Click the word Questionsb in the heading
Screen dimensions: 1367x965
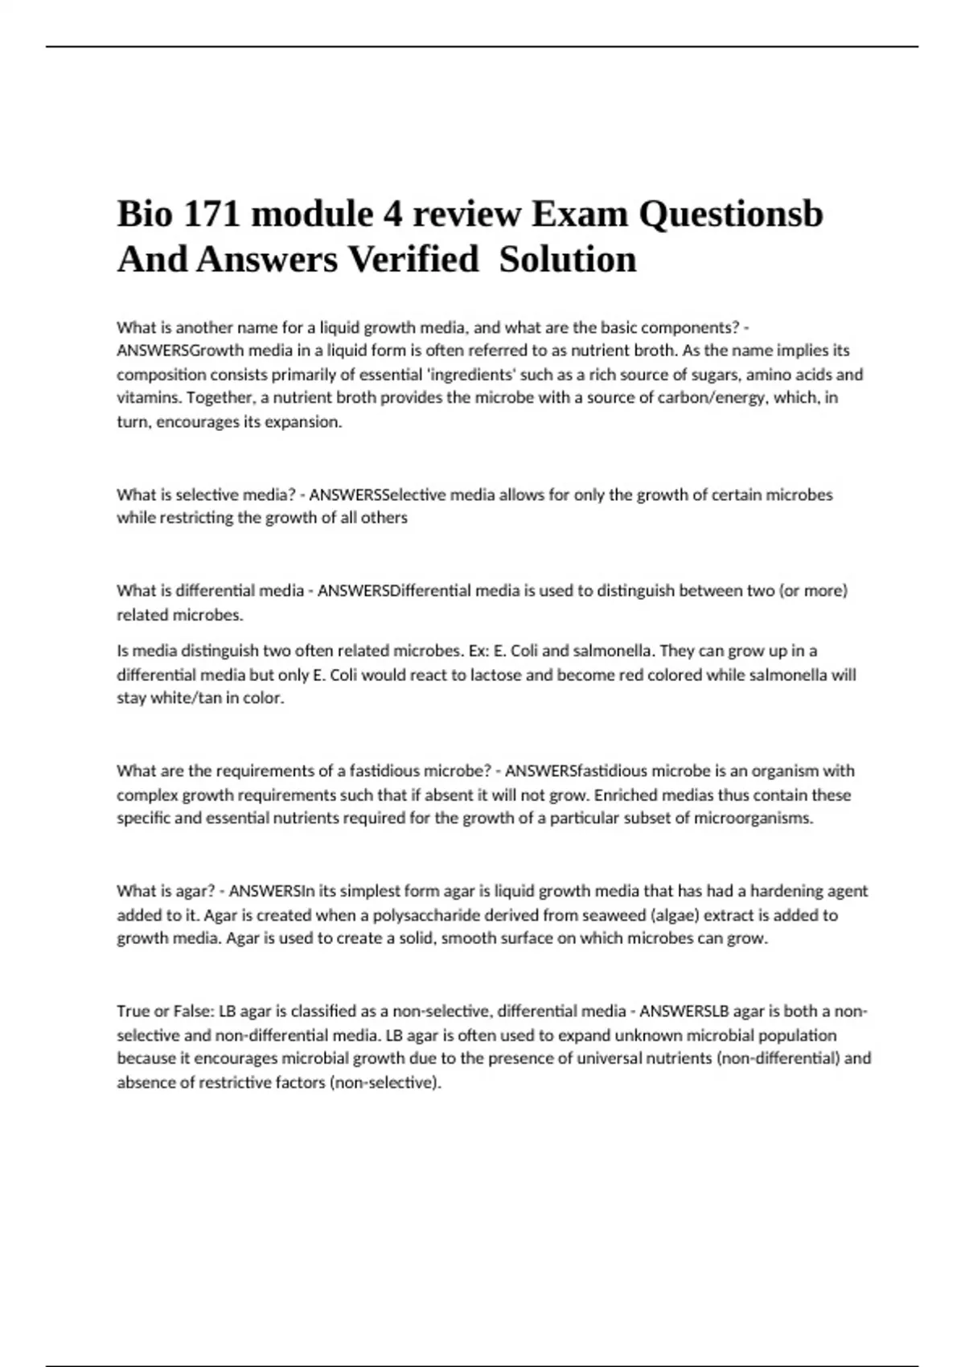[x=731, y=214]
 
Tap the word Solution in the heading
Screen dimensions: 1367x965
[x=568, y=260]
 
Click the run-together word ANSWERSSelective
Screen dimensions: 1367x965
[x=377, y=495]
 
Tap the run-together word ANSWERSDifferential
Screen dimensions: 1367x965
[x=395, y=591]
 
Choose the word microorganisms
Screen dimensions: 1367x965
[x=751, y=819]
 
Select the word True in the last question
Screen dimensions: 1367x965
[x=133, y=1012]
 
